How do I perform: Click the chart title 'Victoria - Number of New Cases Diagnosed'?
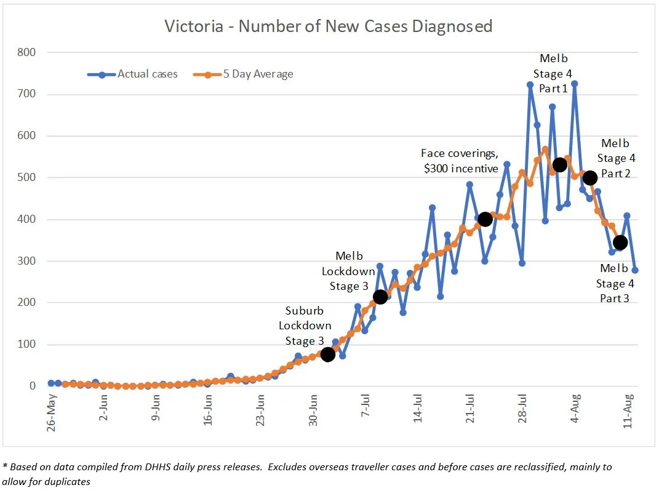329,26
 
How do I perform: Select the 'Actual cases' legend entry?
147,74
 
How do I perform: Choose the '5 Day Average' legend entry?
258,74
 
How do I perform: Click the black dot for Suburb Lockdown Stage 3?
328,355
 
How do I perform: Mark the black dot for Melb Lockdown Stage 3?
380,297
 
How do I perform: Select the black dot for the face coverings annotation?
485,219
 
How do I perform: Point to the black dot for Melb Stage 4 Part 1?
560,165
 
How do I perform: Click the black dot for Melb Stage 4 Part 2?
590,178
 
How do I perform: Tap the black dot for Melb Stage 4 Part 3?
620,242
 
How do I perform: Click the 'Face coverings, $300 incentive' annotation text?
460,160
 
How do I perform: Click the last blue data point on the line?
635,270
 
